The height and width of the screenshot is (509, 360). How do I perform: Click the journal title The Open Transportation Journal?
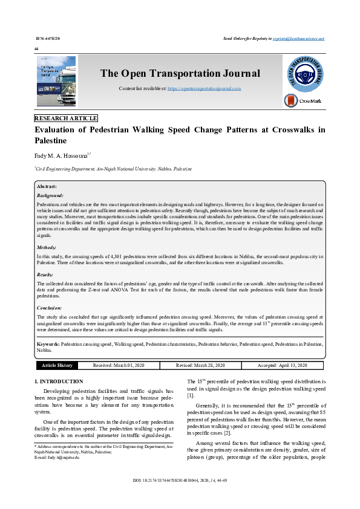pos(180,74)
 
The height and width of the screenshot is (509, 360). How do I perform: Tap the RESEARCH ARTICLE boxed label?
pos(66,118)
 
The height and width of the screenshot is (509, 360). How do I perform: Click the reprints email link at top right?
pos(298,38)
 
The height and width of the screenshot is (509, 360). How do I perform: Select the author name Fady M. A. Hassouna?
pos(61,156)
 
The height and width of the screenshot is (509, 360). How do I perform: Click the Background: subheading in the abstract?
pos(50,196)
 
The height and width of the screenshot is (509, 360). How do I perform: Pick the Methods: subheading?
pos(47,247)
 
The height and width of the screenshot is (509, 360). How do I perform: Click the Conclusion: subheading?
pos(50,308)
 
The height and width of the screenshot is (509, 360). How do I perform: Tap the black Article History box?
pos(57,365)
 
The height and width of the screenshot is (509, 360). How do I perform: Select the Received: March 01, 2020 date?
pos(119,365)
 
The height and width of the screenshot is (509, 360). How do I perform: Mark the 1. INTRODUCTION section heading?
pos(59,381)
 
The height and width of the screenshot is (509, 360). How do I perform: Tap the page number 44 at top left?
pos(37,48)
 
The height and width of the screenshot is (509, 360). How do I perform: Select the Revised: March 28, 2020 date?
pos(200,365)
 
